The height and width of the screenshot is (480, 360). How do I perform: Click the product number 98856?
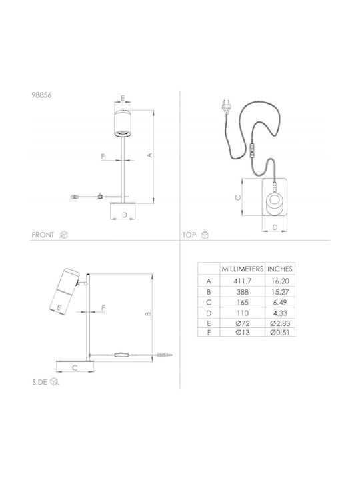point(41,95)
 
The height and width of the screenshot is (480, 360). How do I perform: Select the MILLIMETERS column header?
point(243,269)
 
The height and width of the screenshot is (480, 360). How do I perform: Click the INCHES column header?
point(280,269)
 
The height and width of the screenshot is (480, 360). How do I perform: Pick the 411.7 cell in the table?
point(243,281)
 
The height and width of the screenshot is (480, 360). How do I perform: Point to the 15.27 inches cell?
point(280,292)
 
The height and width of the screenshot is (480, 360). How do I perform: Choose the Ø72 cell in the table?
point(243,323)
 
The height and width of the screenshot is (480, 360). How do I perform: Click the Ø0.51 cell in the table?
point(280,333)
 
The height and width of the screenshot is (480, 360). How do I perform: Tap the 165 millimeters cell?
point(243,303)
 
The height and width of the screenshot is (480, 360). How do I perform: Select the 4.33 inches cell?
point(280,313)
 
